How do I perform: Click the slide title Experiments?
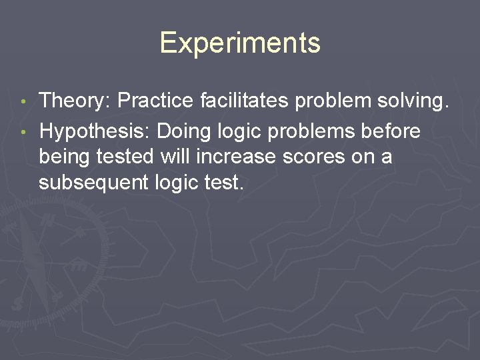(240, 43)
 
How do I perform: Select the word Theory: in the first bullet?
(75, 101)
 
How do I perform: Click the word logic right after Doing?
(233, 132)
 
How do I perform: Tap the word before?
(390, 132)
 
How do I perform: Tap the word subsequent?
(93, 182)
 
